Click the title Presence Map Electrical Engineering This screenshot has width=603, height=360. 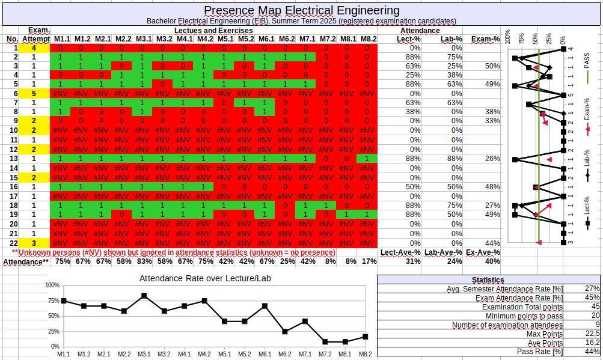click(301, 10)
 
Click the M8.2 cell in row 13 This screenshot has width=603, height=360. click(366, 159)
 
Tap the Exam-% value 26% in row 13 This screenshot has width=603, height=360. click(492, 159)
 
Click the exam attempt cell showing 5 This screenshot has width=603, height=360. click(34, 94)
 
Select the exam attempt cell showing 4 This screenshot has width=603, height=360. click(34, 47)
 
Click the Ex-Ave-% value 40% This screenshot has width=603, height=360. click(492, 261)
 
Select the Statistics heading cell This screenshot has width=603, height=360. click(488, 279)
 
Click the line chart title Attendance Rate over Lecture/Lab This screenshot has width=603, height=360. click(205, 278)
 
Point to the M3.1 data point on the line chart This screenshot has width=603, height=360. click(144, 296)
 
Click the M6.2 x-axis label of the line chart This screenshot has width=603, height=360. click(285, 355)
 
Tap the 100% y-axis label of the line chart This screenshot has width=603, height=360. click(53, 285)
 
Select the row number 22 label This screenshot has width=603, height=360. click(12, 243)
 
